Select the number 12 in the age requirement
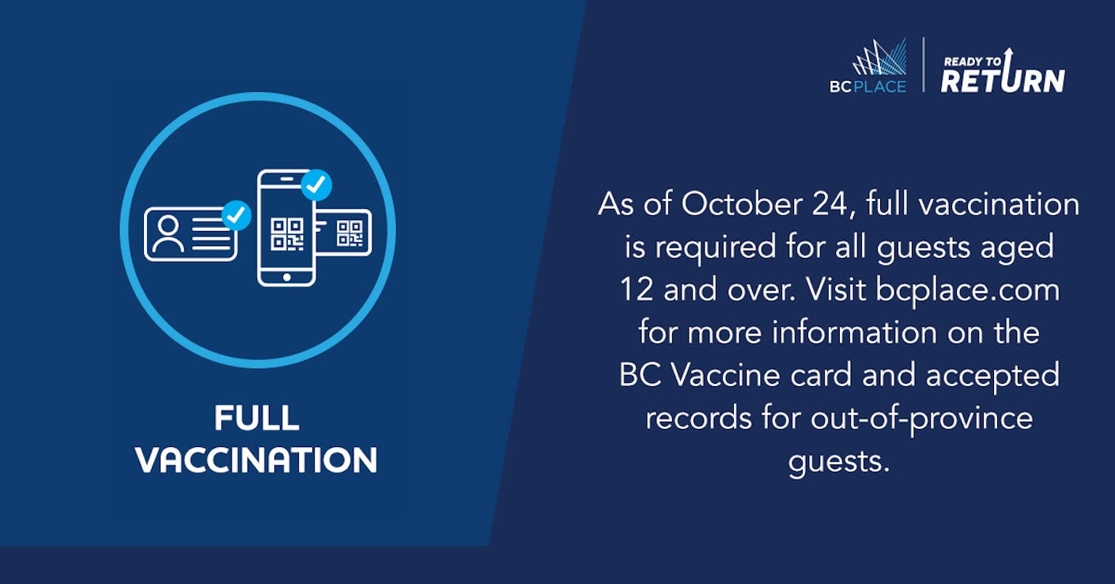click(x=637, y=289)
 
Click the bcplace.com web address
click(x=967, y=290)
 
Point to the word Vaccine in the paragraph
click(x=725, y=375)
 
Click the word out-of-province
click(x=921, y=419)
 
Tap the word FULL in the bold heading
click(x=257, y=418)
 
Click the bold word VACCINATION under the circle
click(x=256, y=460)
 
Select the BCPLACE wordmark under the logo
click(x=867, y=87)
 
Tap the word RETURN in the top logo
click(x=1003, y=80)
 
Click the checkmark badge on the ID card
click(x=236, y=215)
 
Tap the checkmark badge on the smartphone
click(x=316, y=185)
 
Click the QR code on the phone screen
click(x=287, y=233)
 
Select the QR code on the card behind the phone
click(x=350, y=233)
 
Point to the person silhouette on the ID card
click(x=168, y=233)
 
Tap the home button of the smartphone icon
click(x=287, y=277)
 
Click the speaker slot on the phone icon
click(x=287, y=179)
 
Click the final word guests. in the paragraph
click(x=839, y=461)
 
